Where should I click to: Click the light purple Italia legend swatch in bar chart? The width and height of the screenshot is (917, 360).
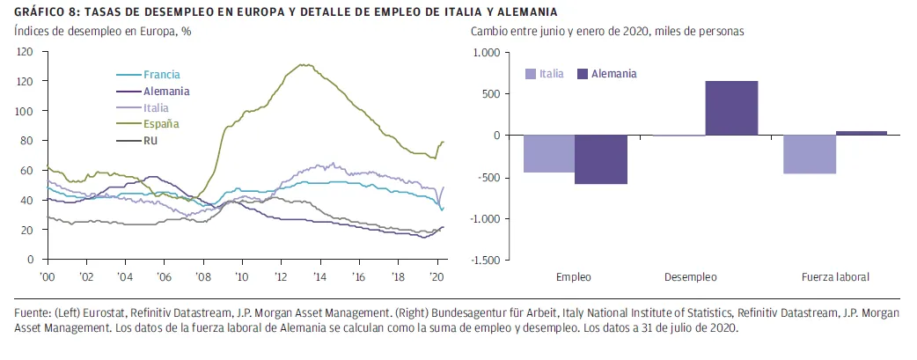click(x=532, y=74)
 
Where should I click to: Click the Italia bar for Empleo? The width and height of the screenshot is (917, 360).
click(x=549, y=154)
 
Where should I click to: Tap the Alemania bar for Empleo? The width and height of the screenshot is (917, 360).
click(x=601, y=159)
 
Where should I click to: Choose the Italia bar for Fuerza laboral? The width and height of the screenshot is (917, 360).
click(x=810, y=155)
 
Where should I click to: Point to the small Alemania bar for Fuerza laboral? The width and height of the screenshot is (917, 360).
click(x=861, y=133)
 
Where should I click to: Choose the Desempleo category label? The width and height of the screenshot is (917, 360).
click(x=691, y=276)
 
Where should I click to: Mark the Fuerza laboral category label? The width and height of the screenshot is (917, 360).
click(x=835, y=276)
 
